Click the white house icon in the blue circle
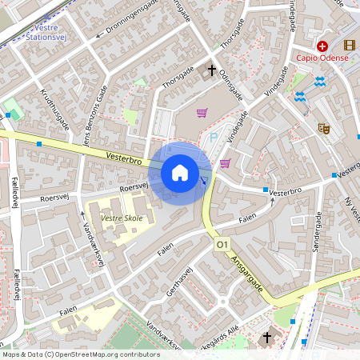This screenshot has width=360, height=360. point(180,173)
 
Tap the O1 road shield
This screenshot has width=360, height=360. point(222,244)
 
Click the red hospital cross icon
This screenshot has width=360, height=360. point(322,46)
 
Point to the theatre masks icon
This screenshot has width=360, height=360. point(323,127)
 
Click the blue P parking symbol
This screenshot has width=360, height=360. point(213,137)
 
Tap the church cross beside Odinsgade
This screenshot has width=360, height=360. point(213,71)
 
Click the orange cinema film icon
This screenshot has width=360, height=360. point(349,46)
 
